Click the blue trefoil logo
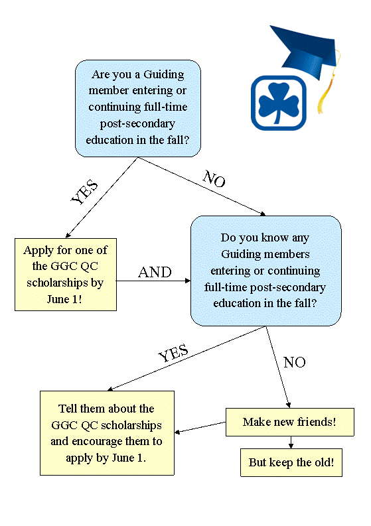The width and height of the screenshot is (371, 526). tap(278, 103)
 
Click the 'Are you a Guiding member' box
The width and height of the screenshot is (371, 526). tap(138, 108)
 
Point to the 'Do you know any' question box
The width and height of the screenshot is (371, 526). tap(266, 271)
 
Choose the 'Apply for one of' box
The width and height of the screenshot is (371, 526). tap(66, 275)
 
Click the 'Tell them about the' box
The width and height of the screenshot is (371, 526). tap(107, 432)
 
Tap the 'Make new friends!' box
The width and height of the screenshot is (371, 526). tap(290, 422)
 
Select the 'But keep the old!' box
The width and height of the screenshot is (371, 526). tap(291, 462)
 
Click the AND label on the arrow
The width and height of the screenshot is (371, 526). tap(155, 272)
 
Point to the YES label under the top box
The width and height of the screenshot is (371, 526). tap(84, 192)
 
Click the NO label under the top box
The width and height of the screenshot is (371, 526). tap(214, 178)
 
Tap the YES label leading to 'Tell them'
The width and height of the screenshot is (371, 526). tap(173, 353)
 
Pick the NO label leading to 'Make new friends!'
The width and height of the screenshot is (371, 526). tap(295, 362)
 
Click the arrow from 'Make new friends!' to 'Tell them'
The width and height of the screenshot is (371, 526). tap(200, 427)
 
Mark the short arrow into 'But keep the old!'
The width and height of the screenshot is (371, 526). tap(291, 442)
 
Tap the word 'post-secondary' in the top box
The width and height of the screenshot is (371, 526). tap(137, 124)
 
